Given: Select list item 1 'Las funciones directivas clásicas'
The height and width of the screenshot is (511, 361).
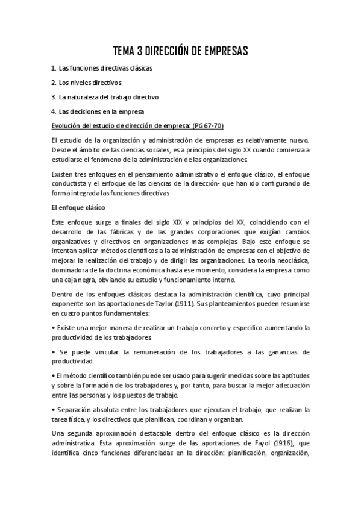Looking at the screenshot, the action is click(x=105, y=68).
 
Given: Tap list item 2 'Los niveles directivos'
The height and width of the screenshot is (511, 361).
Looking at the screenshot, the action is click(x=90, y=82).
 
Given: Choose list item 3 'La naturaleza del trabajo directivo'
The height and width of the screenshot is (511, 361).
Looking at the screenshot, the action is click(x=108, y=96).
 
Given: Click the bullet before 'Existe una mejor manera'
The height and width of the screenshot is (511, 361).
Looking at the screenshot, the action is click(x=54, y=328).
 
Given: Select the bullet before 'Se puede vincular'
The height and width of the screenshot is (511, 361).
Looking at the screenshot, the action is click(x=54, y=351).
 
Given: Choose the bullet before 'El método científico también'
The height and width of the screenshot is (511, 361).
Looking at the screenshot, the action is click(x=54, y=375).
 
